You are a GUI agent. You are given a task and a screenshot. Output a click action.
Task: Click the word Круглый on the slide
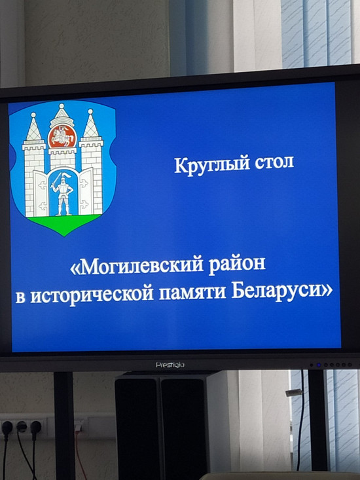pos(210,165)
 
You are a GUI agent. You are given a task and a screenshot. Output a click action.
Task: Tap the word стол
pos(274,163)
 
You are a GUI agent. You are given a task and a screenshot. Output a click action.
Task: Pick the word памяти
pos(192,293)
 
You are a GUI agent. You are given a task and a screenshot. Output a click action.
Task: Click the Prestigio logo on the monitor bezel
pos(170,365)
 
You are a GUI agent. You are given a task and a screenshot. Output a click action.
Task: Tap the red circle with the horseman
pos(62,136)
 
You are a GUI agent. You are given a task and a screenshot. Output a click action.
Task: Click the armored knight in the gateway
pos(63,194)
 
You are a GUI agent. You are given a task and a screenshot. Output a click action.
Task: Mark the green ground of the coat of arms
pos(64,223)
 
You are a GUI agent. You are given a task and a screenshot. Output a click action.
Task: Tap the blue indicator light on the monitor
pos(318,365)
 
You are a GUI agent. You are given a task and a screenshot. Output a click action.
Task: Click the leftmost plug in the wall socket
pos(7,426)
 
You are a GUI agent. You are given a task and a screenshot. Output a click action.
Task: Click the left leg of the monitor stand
pos(65,426)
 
